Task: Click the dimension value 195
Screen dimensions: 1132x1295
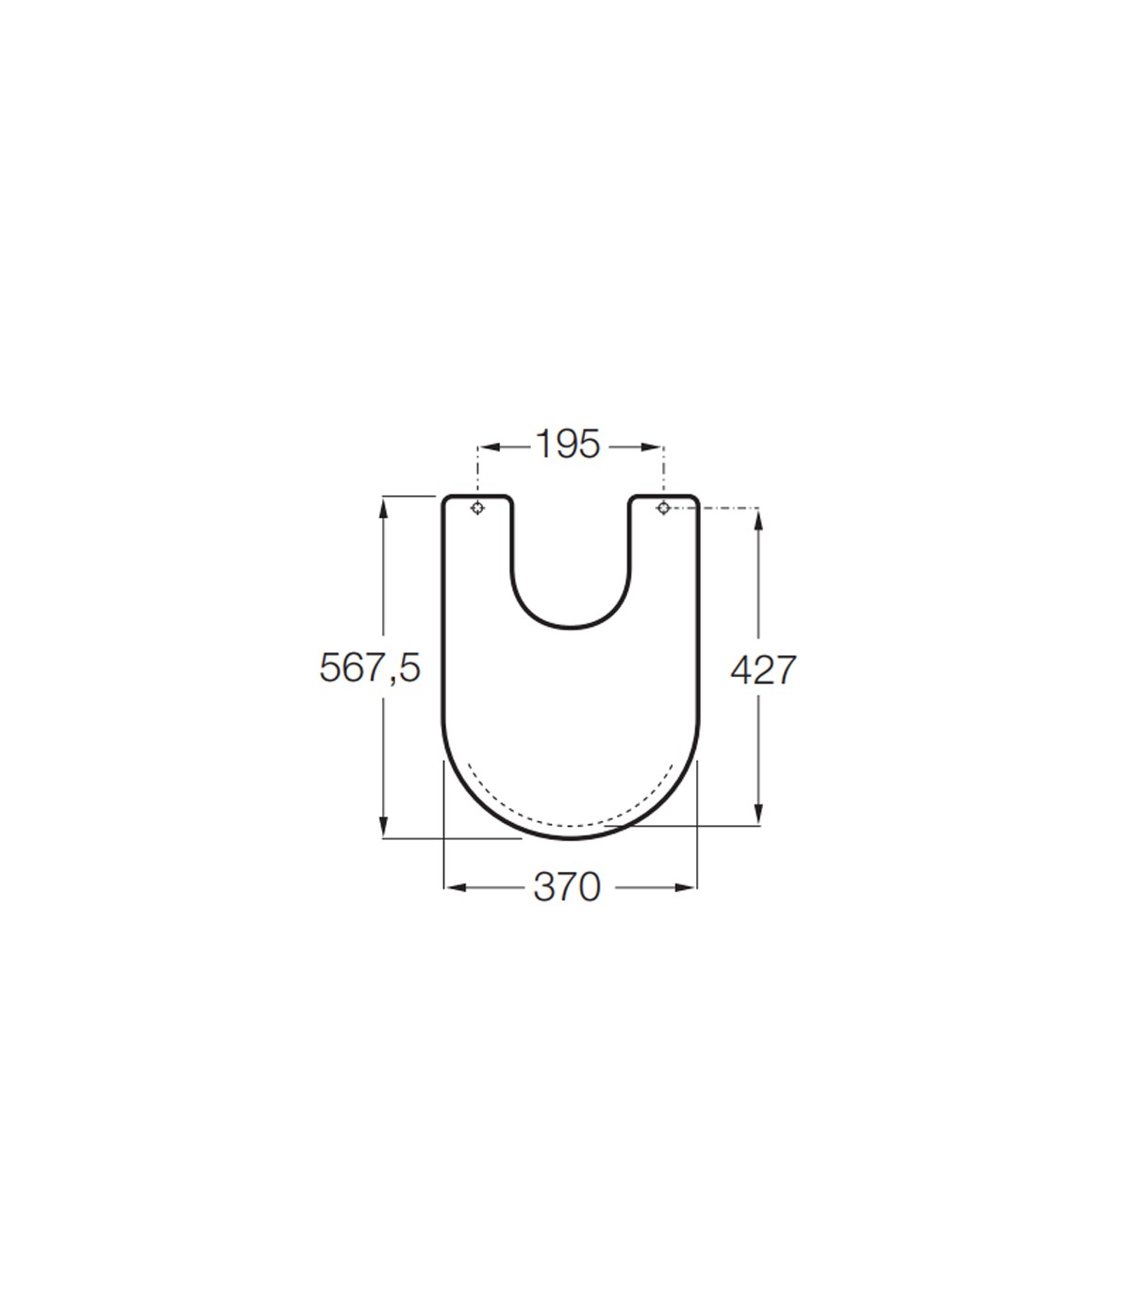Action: [567, 444]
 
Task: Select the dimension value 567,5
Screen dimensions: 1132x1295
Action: [370, 668]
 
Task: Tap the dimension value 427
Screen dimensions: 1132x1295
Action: [763, 670]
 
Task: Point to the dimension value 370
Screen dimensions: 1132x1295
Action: [567, 887]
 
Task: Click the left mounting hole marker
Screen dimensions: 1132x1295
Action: [477, 508]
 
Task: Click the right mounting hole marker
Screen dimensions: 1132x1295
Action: [663, 508]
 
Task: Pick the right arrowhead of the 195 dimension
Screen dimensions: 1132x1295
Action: [652, 447]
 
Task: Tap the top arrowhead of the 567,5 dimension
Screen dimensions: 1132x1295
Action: [383, 508]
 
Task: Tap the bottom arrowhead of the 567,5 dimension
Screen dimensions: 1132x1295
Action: [383, 827]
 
